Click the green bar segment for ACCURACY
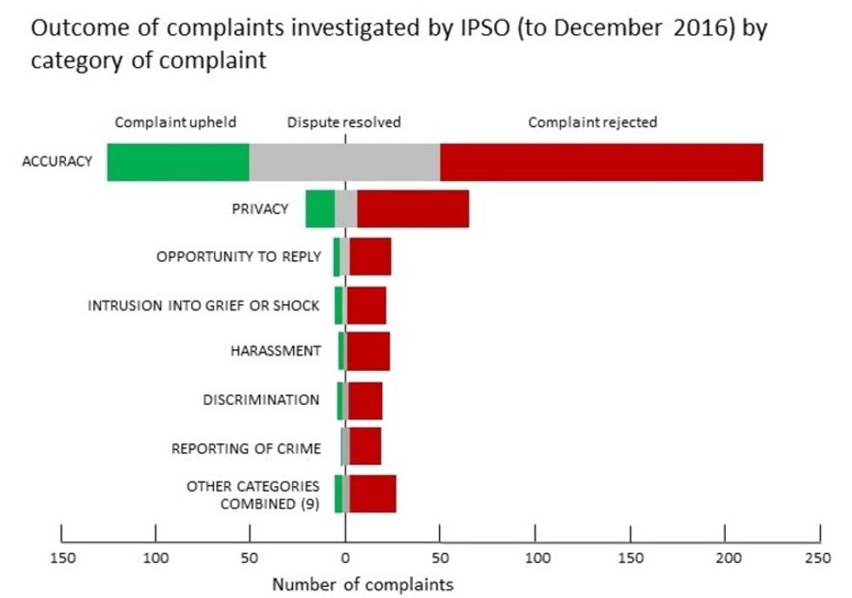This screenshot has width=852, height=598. pyautogui.click(x=178, y=163)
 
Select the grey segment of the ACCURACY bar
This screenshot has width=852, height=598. pyautogui.click(x=344, y=163)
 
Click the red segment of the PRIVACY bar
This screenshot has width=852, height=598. pyautogui.click(x=413, y=209)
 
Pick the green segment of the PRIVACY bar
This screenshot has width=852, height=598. pyautogui.click(x=320, y=209)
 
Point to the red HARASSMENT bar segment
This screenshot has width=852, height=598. pyautogui.click(x=369, y=351)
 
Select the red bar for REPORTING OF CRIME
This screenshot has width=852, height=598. pyautogui.click(x=366, y=447)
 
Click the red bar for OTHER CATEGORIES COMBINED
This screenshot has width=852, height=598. pyautogui.click(x=373, y=494)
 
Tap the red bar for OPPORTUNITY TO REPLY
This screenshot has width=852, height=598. pyautogui.click(x=370, y=256)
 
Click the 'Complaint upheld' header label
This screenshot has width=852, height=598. pyautogui.click(x=176, y=123)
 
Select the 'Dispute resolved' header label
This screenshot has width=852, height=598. pyautogui.click(x=344, y=123)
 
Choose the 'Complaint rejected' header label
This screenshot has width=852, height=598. pyautogui.click(x=593, y=123)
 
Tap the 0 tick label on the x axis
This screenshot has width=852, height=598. pyautogui.click(x=345, y=557)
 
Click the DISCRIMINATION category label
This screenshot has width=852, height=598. pyautogui.click(x=261, y=400)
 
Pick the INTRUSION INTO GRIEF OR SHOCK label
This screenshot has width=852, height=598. pyautogui.click(x=203, y=305)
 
